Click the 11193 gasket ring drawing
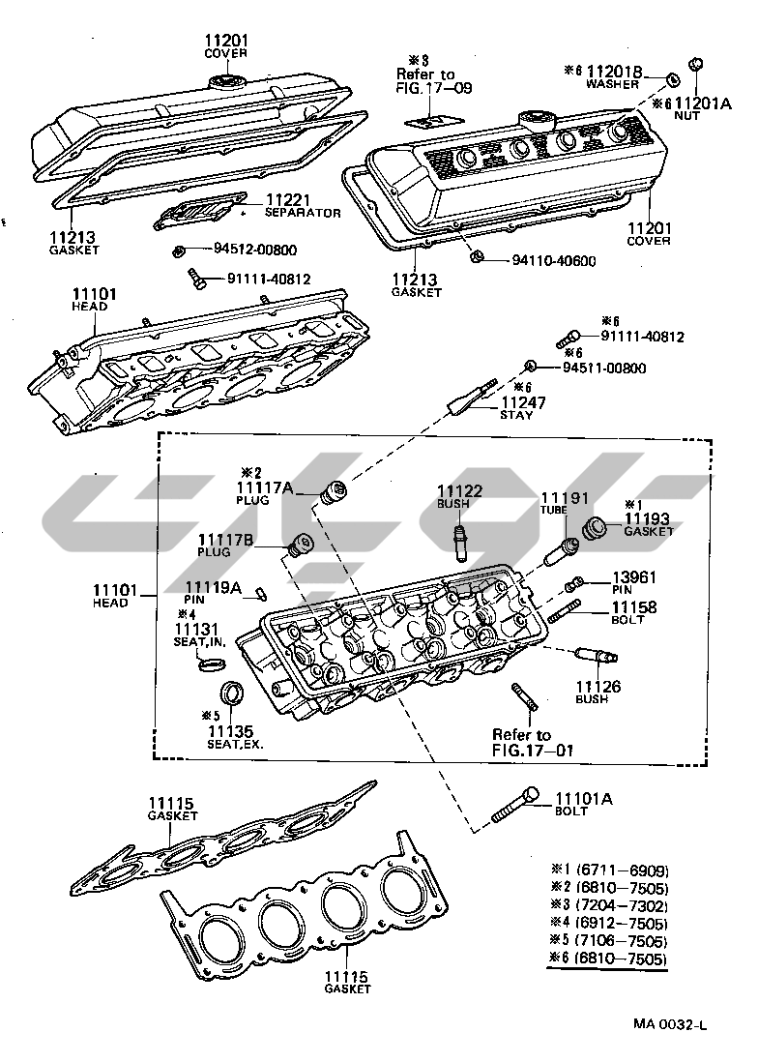597,527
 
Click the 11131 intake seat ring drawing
211,664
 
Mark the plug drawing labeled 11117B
299,545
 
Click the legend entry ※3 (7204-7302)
609,905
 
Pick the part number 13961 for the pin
634,577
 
